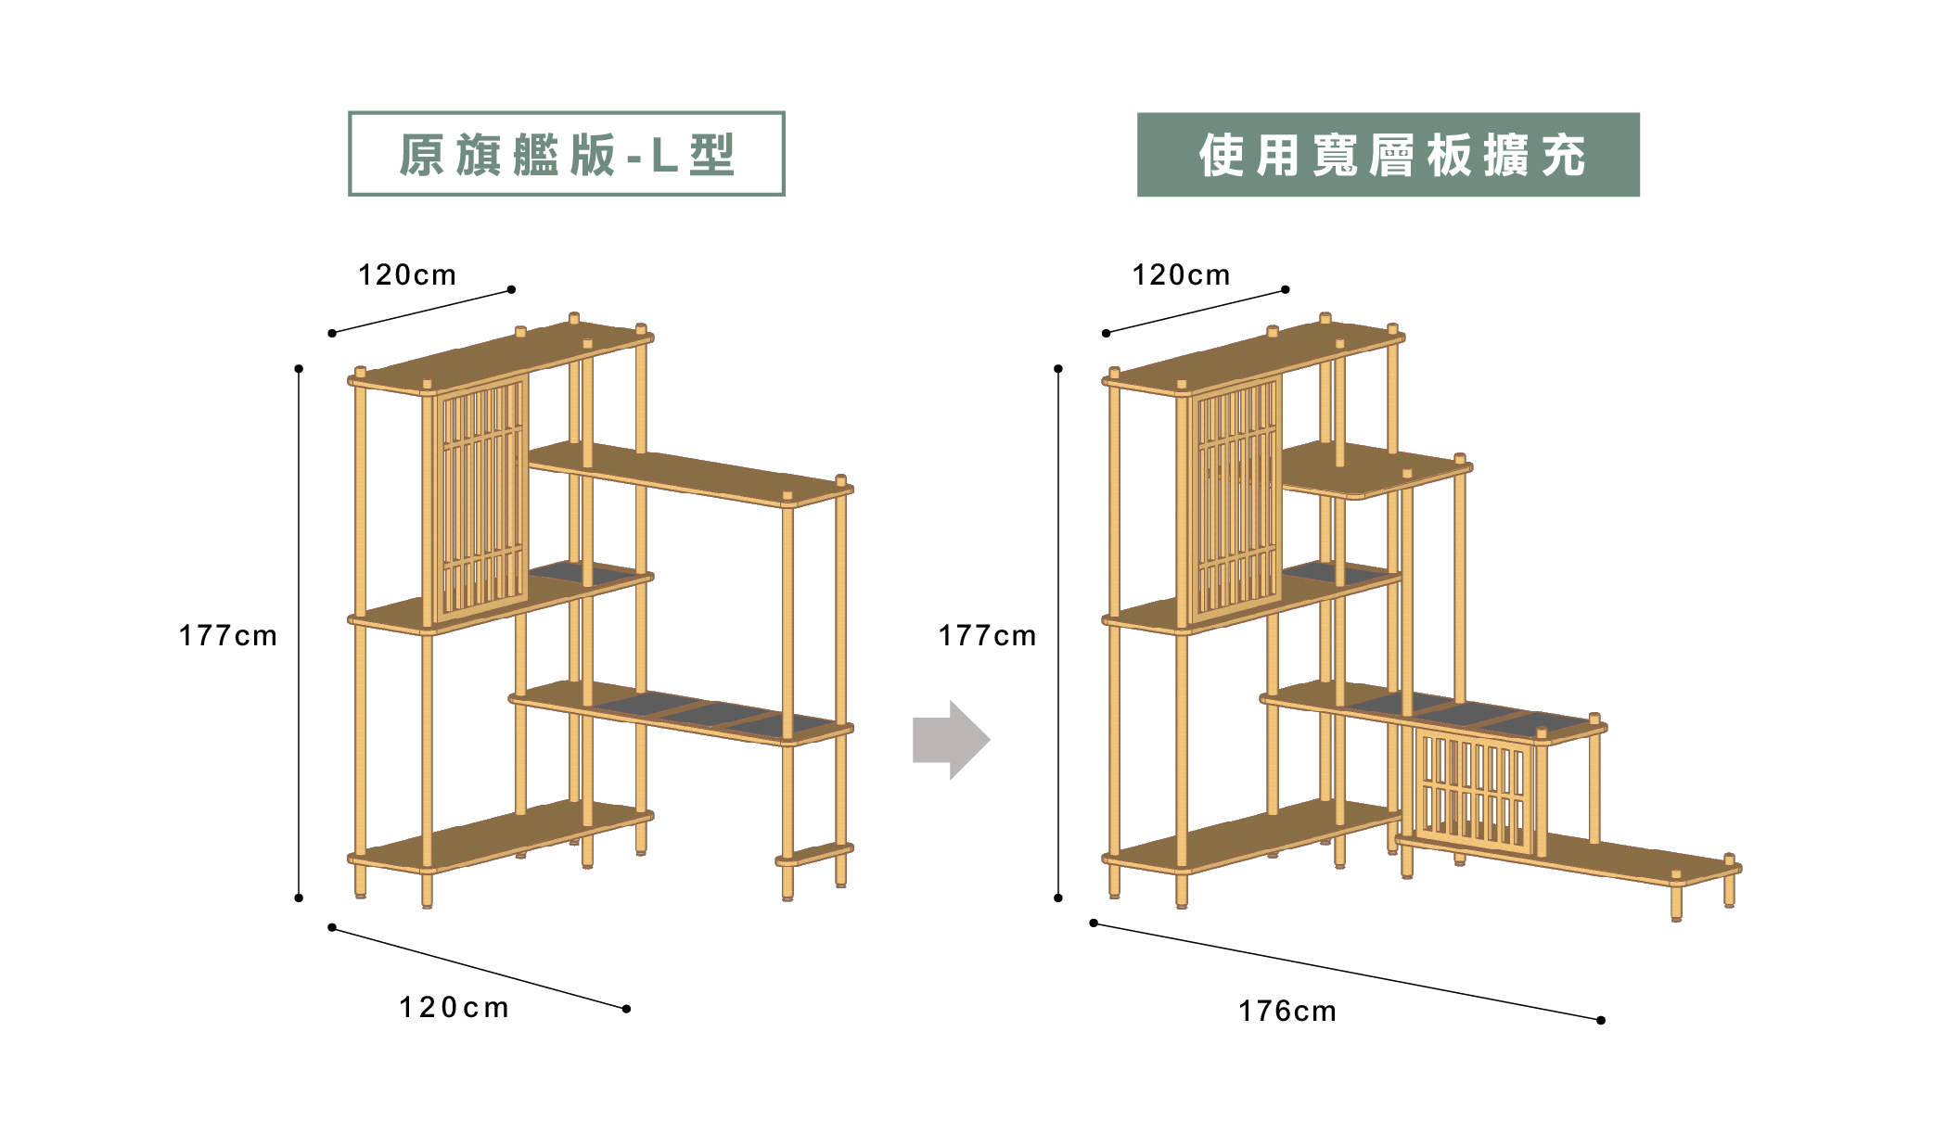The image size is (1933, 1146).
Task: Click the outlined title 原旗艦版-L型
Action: [x=566, y=154]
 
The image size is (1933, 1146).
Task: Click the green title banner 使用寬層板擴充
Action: [x=1388, y=155]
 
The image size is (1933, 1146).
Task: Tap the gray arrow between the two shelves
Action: [x=951, y=740]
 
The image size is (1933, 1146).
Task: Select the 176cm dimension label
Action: [x=1287, y=1012]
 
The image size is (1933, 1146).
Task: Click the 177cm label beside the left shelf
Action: [x=227, y=636]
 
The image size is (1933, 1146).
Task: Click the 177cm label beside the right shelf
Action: [x=986, y=636]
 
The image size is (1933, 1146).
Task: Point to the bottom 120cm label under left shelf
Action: [x=454, y=1008]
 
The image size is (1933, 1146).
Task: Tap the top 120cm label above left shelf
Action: [x=407, y=275]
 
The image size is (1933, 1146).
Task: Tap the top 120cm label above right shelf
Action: [x=1181, y=275]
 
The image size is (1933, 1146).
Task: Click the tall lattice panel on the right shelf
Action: [x=1235, y=501]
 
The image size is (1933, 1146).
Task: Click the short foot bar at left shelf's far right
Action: [x=814, y=854]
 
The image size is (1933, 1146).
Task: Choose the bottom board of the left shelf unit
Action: [x=501, y=838]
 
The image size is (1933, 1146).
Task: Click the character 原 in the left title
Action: [x=422, y=155]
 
